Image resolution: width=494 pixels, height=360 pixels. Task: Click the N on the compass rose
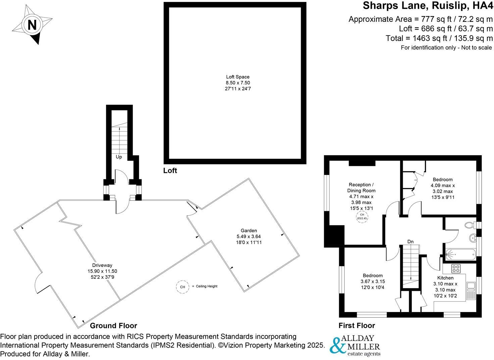point(32,25)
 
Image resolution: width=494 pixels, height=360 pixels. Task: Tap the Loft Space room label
point(238,77)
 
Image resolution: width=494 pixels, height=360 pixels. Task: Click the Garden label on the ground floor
point(249,230)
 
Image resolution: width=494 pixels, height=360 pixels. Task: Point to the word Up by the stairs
point(119,157)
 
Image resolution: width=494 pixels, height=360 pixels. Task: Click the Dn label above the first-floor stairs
point(410,241)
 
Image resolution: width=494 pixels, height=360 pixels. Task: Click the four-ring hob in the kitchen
point(456,268)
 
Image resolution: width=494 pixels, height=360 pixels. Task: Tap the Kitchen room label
point(445,278)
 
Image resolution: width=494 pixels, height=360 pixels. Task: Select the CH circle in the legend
point(182,287)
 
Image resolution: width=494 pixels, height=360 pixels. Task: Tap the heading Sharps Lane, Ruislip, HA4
point(428,6)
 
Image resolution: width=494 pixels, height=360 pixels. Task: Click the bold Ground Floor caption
point(113,325)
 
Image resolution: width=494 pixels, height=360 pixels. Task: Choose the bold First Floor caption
point(357,325)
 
